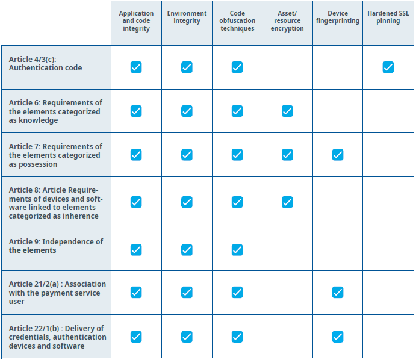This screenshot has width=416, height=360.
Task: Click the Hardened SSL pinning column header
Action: [388, 17]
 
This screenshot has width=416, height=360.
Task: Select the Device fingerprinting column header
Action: [337, 17]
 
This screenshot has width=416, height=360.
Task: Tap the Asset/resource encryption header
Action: [287, 21]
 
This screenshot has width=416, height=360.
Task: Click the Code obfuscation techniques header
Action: [237, 21]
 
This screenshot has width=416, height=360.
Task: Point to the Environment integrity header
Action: [187, 17]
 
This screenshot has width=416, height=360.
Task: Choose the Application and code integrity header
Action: [136, 21]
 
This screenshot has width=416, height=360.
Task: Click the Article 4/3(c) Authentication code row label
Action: [46, 64]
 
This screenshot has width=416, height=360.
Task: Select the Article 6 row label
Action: [55, 111]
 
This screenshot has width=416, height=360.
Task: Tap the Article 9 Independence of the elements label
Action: [55, 246]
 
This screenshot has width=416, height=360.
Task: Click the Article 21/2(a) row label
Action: [57, 293]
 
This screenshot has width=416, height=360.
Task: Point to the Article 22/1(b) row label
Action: [57, 337]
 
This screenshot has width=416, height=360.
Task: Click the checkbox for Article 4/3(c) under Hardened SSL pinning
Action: [388, 67]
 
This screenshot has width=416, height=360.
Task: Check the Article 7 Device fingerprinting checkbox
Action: [338, 155]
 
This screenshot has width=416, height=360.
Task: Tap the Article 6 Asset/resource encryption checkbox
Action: [287, 111]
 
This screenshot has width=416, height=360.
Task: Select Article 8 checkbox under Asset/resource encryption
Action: [287, 202]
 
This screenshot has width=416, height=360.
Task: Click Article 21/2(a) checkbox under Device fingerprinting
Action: [338, 293]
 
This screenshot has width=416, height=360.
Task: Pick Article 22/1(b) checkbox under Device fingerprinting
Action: [338, 337]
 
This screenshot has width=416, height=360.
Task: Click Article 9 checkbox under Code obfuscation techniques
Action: [237, 249]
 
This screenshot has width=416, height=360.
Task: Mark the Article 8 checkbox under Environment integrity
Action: [187, 202]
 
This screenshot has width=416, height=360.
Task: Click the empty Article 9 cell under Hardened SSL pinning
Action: [388, 249]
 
